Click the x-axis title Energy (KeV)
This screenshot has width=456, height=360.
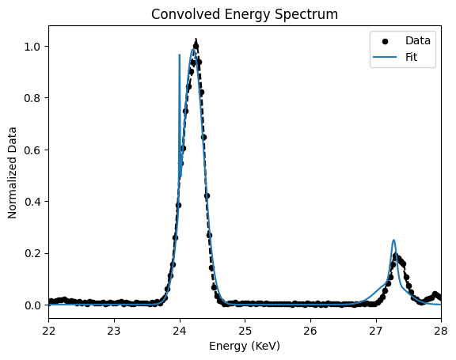[x=245, y=346]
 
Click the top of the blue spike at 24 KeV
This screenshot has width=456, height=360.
[x=180, y=55]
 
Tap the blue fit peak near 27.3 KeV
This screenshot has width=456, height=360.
[x=393, y=241]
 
